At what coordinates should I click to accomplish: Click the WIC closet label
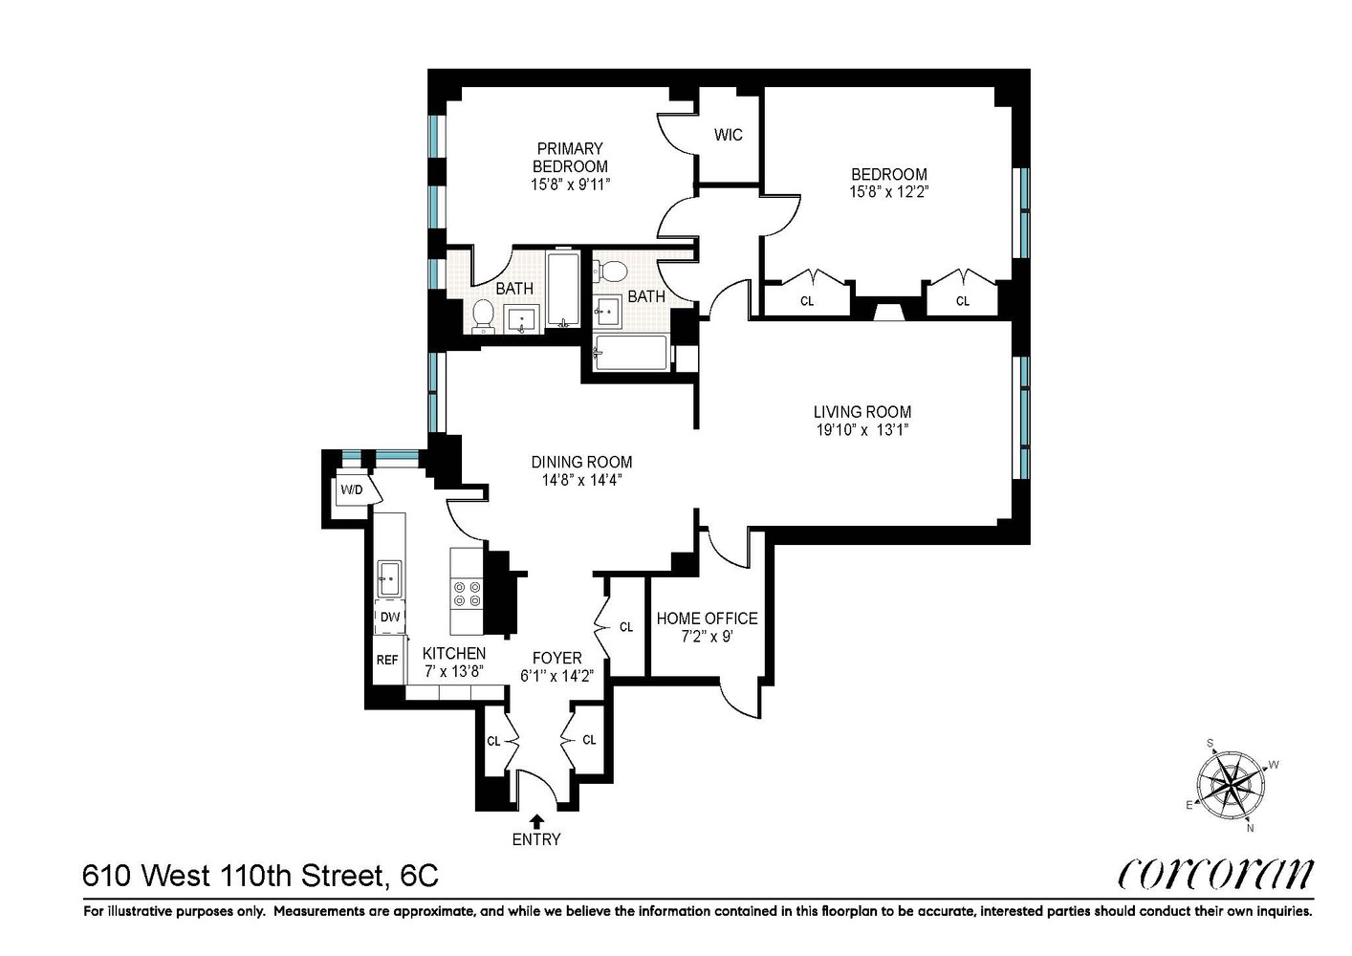click(728, 135)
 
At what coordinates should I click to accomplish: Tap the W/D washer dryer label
click(352, 490)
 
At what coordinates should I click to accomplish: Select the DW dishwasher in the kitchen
click(390, 617)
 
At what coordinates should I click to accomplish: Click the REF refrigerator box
click(387, 661)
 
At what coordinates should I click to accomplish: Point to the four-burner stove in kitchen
click(467, 594)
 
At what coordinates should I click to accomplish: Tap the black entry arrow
click(536, 820)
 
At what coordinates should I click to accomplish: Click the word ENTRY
click(536, 840)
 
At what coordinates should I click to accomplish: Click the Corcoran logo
click(1215, 874)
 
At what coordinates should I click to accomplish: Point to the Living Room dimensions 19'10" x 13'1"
click(861, 430)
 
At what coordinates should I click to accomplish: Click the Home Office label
click(707, 619)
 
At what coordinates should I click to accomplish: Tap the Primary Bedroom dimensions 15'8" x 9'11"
click(570, 184)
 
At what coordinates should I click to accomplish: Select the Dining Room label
click(581, 463)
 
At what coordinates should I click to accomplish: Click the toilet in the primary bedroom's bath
click(483, 314)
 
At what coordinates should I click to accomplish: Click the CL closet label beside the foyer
click(626, 627)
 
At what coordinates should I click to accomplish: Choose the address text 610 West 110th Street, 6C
click(261, 874)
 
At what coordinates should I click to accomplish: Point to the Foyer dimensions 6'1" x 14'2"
click(556, 676)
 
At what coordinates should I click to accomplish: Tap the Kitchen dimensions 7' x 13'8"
click(454, 671)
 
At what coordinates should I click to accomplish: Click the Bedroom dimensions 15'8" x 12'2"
click(889, 191)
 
